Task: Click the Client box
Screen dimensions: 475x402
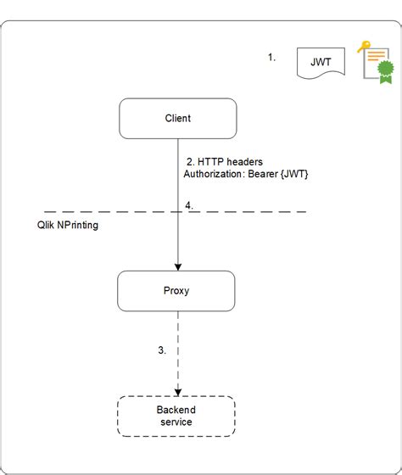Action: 177,119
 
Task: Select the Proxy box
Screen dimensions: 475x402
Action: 176,291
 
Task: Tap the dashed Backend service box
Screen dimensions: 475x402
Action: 176,416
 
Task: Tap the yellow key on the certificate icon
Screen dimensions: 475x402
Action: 363,47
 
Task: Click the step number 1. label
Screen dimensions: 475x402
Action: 272,58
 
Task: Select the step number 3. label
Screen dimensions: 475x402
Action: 161,349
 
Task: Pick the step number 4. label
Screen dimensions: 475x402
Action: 189,204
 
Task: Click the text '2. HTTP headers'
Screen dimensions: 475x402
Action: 223,161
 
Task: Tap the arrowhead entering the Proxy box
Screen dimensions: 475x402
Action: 177,266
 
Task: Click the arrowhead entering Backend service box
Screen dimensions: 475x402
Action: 177,390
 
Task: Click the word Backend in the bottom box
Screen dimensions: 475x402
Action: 176,410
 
